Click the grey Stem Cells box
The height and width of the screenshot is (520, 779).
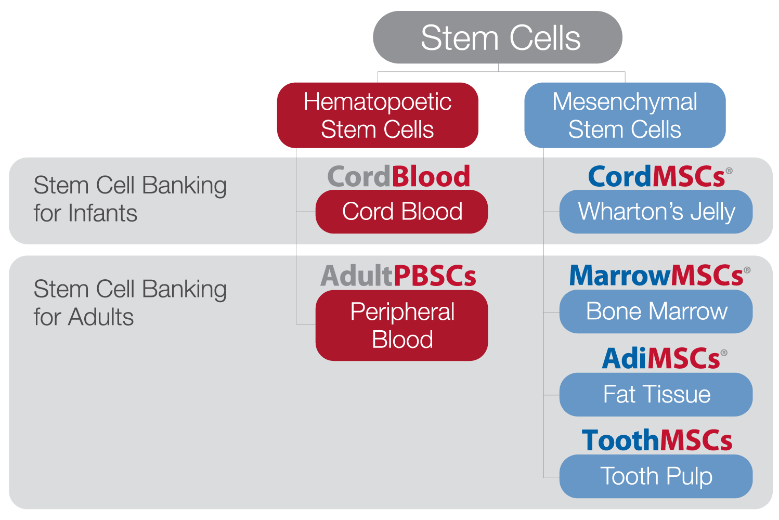(498, 37)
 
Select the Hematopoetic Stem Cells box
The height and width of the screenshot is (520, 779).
(378, 115)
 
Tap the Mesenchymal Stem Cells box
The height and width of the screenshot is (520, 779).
(625, 115)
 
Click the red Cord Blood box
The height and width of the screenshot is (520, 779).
(401, 212)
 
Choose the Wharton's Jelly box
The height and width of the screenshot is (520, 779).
(656, 212)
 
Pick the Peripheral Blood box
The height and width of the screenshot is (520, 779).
(401, 325)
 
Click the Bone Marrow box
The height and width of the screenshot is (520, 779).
(656, 311)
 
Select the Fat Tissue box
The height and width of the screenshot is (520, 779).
(656, 395)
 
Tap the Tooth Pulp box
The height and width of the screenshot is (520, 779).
(656, 476)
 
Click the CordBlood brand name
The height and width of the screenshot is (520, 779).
(399, 176)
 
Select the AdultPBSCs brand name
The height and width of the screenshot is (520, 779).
(398, 276)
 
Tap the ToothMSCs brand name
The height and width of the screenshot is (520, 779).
(657, 440)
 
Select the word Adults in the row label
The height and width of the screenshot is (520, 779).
(101, 317)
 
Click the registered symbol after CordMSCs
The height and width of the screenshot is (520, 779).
(729, 171)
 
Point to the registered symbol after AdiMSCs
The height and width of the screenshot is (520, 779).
(724, 353)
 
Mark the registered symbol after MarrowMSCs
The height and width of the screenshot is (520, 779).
(747, 270)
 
